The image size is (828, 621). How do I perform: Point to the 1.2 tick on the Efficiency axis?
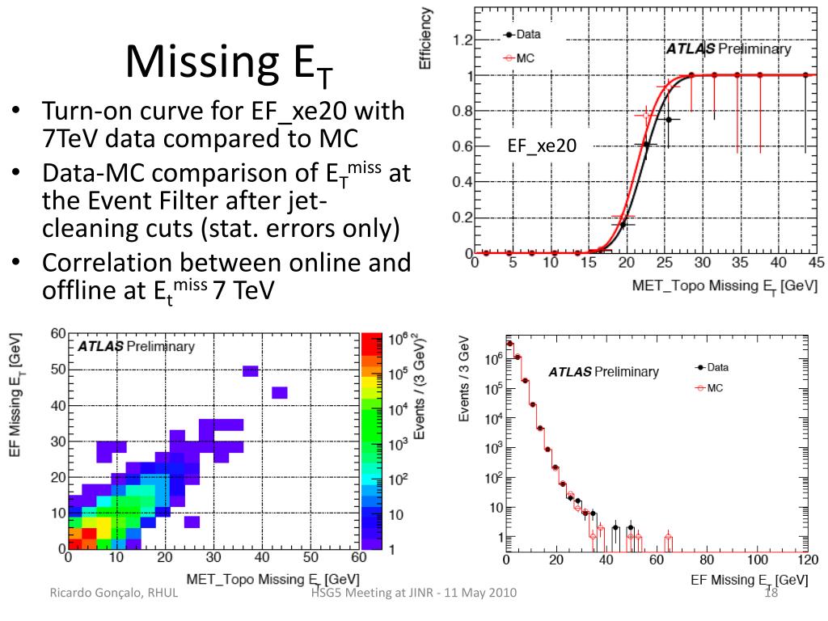pos(463,40)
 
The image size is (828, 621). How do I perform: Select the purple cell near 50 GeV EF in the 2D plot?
pos(250,371)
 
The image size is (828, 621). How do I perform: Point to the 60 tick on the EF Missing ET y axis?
pos(57,333)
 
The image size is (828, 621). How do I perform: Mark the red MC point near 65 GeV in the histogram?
pos(668,536)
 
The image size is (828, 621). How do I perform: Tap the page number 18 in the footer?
pos(771,595)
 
